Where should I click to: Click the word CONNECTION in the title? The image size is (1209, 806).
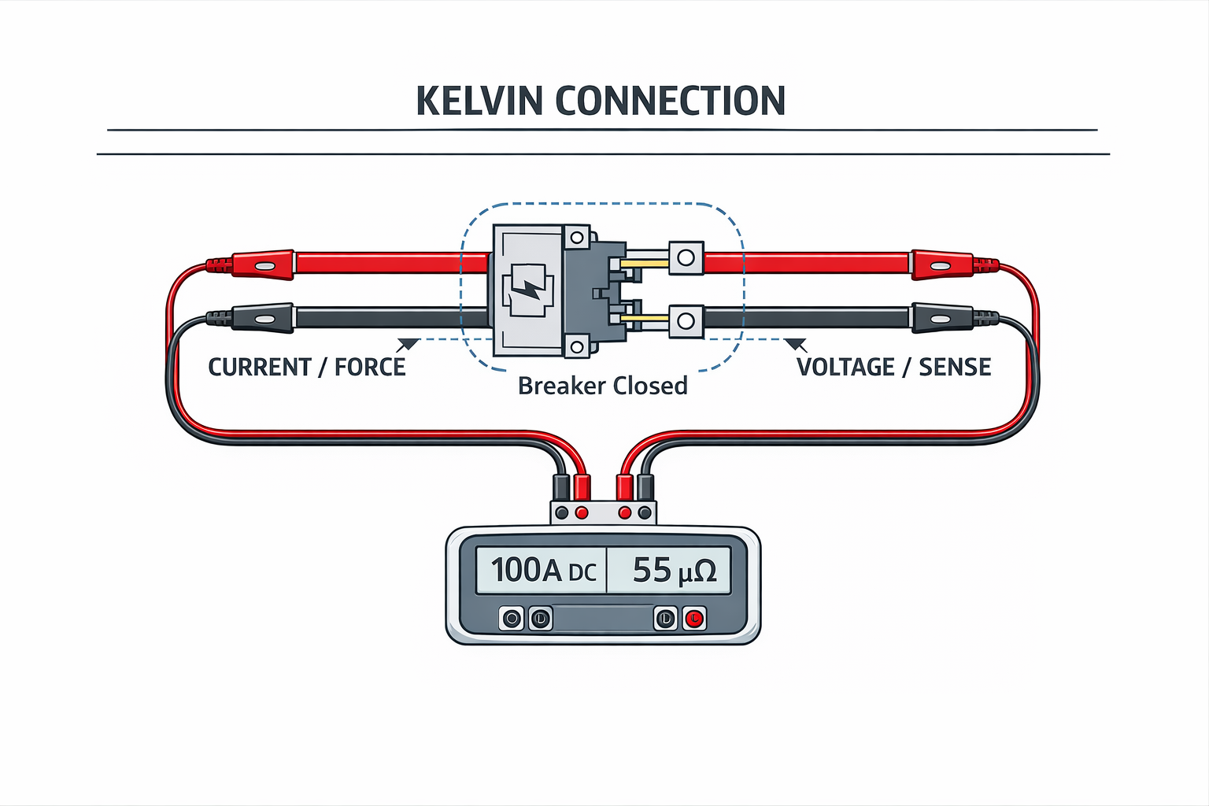[x=670, y=101]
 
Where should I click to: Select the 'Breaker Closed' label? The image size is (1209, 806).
[x=602, y=386]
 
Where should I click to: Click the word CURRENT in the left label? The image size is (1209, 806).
[x=259, y=367]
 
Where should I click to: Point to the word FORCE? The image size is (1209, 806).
[x=370, y=367]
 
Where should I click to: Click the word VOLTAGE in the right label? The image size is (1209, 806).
[x=845, y=367]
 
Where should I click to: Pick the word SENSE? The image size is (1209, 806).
[x=955, y=367]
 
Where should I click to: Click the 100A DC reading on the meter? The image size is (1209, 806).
[x=542, y=570]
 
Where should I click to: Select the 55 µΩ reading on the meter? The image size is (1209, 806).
[x=674, y=570]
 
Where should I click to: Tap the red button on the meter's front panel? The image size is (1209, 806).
[x=693, y=619]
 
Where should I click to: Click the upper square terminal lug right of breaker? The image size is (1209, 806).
[x=686, y=257]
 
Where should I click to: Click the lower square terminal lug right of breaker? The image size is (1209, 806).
[x=686, y=320]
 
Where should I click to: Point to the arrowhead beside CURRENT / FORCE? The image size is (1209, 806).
[x=408, y=344]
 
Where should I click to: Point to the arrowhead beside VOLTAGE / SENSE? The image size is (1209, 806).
[x=796, y=344]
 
